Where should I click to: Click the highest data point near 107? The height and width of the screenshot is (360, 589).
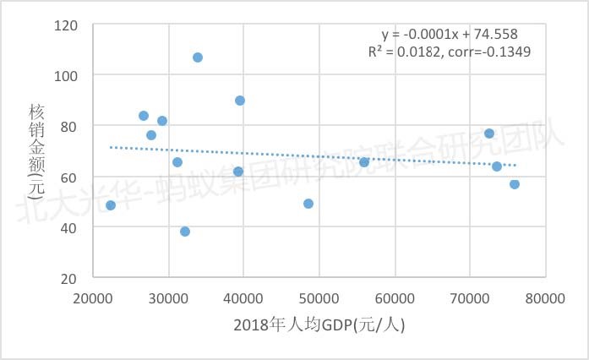[198, 57]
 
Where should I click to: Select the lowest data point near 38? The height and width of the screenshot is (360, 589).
[185, 232]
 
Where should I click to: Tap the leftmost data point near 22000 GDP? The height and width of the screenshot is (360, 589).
[111, 205]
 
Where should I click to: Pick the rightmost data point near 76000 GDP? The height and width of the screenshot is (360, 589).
[515, 184]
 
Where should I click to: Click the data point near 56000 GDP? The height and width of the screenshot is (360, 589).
[364, 162]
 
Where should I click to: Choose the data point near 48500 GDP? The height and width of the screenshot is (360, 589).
[308, 204]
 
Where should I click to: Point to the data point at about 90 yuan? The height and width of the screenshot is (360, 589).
[240, 101]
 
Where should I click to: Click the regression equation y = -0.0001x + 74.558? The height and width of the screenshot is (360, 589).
[450, 35]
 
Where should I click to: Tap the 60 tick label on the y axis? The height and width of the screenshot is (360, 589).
[69, 177]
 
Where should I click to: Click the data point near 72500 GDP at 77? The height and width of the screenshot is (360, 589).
[489, 134]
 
